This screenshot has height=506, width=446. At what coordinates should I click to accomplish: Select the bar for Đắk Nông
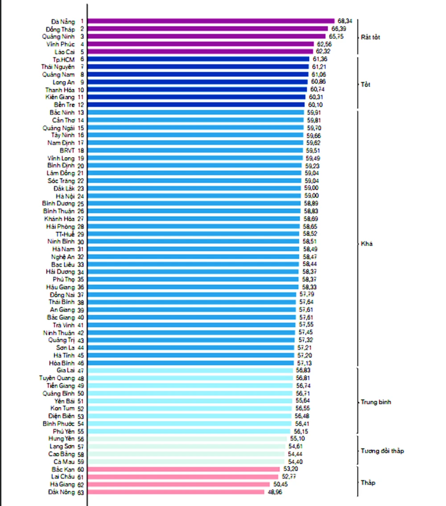pos(176,492)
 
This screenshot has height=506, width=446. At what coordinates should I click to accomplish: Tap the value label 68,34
pos(345,21)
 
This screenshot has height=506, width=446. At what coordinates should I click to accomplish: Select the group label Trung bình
pos(376,402)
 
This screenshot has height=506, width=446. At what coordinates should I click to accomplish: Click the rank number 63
pos(81,492)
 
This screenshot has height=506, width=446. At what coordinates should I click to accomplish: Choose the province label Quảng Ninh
pos(58,36)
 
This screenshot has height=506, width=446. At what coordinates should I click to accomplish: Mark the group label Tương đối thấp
pos(382,451)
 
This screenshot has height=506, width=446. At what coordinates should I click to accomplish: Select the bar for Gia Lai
pos(191,370)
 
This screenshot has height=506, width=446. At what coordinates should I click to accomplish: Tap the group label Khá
pos(367,244)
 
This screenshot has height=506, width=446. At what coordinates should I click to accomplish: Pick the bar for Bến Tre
pos(196,104)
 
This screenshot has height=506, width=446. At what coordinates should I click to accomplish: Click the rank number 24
pos(81,195)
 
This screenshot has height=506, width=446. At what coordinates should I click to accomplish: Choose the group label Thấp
pos(368,483)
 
